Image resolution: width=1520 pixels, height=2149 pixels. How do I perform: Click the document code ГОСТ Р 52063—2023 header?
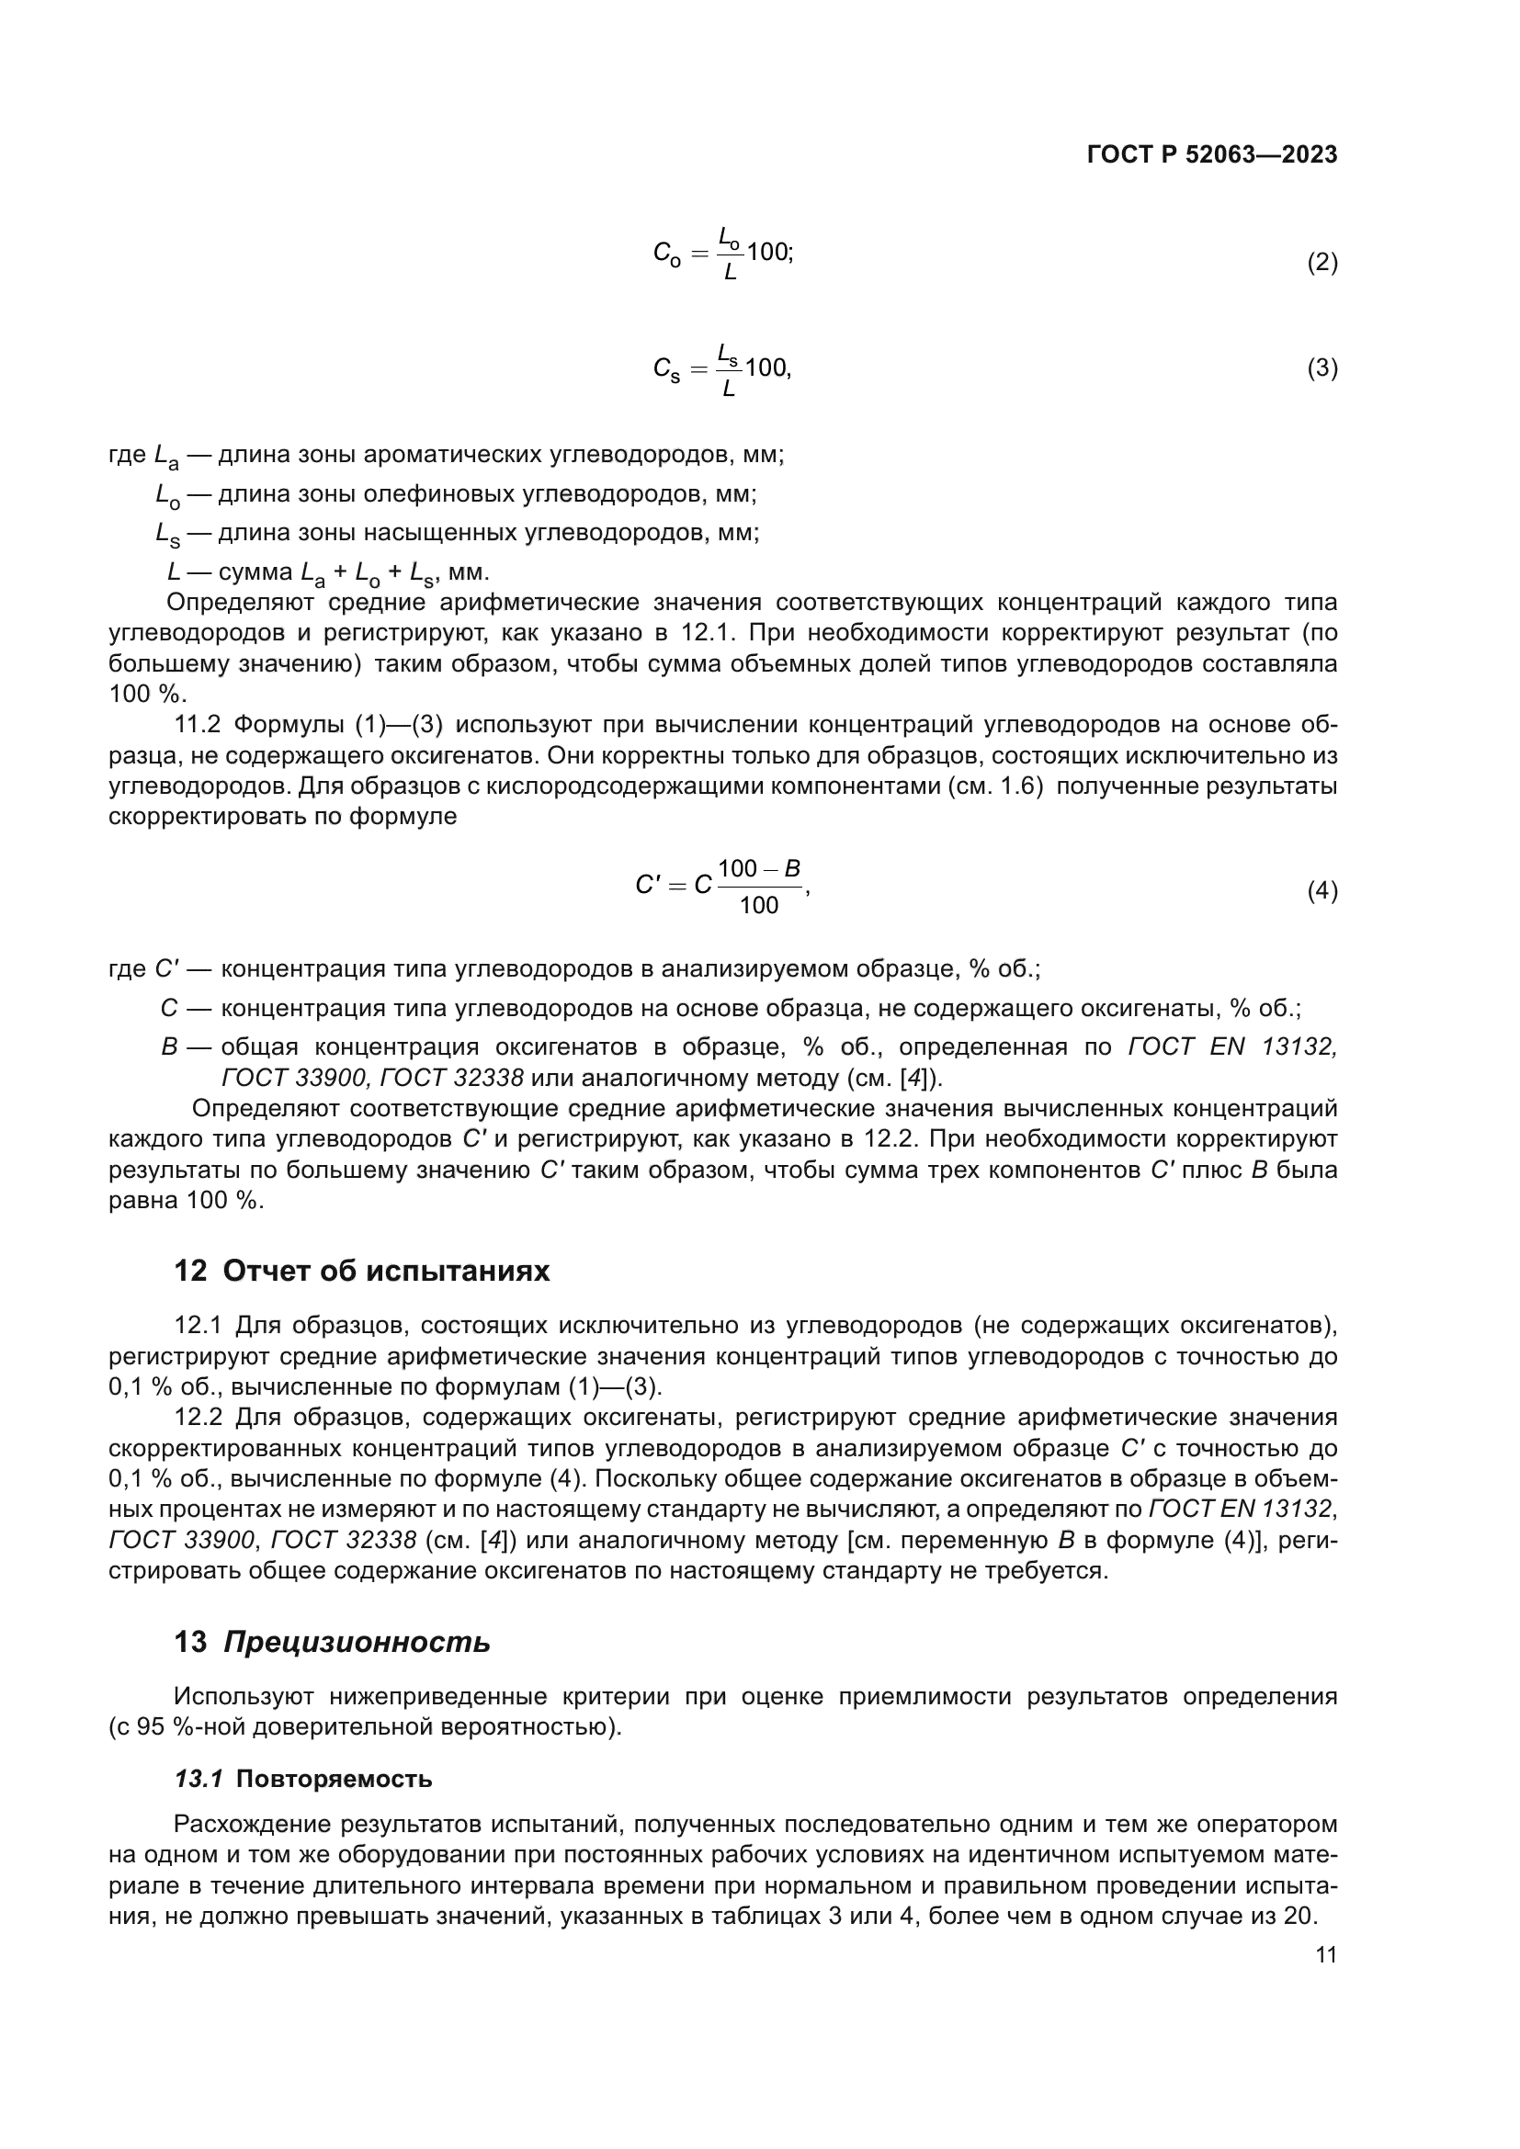[1212, 155]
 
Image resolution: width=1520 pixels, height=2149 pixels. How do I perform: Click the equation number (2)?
[1321, 263]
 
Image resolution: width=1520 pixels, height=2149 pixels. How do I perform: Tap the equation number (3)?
[1321, 368]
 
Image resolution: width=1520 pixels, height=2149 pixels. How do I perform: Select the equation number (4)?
[1321, 891]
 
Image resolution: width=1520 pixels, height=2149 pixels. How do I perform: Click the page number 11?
[1325, 1955]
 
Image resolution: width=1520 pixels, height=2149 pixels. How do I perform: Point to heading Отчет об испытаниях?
[387, 1271]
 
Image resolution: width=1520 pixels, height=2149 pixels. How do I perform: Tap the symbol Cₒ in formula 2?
[666, 254]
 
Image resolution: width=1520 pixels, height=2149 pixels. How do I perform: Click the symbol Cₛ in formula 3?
[666, 368]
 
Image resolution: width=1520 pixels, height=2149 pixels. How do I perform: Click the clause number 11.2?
[197, 724]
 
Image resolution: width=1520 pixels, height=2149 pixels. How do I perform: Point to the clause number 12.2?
[197, 1418]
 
